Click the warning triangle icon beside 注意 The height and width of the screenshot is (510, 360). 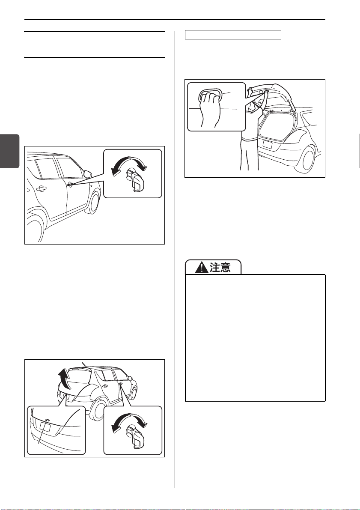point(202,267)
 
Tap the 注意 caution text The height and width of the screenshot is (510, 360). point(220,267)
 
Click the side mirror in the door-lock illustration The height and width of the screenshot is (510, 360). point(87,173)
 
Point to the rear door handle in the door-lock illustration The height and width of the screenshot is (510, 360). point(42,188)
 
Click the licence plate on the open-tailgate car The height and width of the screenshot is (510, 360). point(267,144)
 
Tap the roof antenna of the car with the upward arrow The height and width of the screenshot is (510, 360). point(85,364)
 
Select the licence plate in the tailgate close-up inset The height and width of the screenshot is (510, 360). point(45,426)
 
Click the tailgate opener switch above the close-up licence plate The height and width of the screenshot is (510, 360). point(47,420)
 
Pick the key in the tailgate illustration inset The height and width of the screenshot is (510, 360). point(136,437)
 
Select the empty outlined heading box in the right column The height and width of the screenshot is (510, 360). point(233,35)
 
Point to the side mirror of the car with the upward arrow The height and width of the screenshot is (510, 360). point(130,379)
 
